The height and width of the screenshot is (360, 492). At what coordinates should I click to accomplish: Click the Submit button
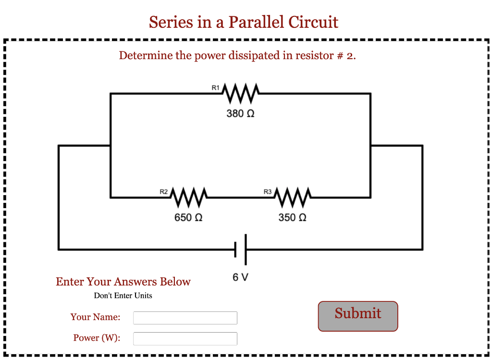pyautogui.click(x=358, y=316)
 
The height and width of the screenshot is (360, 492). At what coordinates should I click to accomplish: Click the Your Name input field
pyautogui.click(x=185, y=318)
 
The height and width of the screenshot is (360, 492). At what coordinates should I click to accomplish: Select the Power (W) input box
pyautogui.click(x=185, y=338)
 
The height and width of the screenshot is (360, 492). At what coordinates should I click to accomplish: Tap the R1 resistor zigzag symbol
pyautogui.click(x=241, y=93)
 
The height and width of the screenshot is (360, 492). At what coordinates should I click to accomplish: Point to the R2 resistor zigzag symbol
pyautogui.click(x=189, y=197)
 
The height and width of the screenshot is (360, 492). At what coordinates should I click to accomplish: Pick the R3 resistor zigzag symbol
pyautogui.click(x=293, y=197)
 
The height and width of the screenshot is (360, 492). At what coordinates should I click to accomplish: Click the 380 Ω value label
pyautogui.click(x=240, y=114)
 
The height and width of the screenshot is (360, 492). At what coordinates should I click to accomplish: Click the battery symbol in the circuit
pyautogui.click(x=241, y=249)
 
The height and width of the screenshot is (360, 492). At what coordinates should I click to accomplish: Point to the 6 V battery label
pyautogui.click(x=240, y=277)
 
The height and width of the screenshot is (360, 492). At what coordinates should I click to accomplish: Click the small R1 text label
pyautogui.click(x=215, y=87)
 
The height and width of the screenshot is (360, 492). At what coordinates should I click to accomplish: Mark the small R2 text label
pyautogui.click(x=163, y=191)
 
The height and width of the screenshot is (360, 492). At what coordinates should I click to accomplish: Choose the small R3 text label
pyautogui.click(x=268, y=191)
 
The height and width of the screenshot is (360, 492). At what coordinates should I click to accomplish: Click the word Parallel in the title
pyautogui.click(x=256, y=22)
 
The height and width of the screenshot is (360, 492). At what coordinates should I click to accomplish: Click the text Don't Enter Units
pyautogui.click(x=123, y=296)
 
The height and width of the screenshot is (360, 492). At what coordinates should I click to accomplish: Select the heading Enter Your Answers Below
pyautogui.click(x=123, y=282)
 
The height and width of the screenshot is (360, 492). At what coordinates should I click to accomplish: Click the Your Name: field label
pyautogui.click(x=95, y=317)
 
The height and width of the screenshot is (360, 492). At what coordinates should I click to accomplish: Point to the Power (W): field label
pyautogui.click(x=97, y=338)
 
